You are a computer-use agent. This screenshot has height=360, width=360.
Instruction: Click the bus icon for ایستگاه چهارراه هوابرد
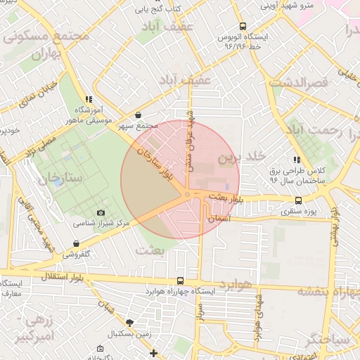pyautogui.click(x=181, y=280)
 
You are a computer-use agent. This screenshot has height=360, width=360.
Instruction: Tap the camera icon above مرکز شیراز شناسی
pyautogui.click(x=101, y=213)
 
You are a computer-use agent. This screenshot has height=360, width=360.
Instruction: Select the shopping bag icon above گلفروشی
pyautogui.click(x=76, y=244)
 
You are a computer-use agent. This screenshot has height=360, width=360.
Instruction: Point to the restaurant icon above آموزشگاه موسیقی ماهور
pyautogui.click(x=88, y=100)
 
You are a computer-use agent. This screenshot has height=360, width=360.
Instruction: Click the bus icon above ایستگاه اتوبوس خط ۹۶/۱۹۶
pyautogui.click(x=243, y=24)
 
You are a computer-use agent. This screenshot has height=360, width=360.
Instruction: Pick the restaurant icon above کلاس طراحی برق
pyautogui.click(x=297, y=160)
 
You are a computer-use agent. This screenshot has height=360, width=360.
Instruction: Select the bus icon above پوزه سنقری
pyautogui.click(x=300, y=200)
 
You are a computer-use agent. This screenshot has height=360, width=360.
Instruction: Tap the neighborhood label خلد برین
pyautogui.click(x=233, y=158)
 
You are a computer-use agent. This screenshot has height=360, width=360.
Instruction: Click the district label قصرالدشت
pyautogui.click(x=308, y=83)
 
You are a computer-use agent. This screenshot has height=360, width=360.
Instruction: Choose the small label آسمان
pyautogui.click(x=219, y=219)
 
